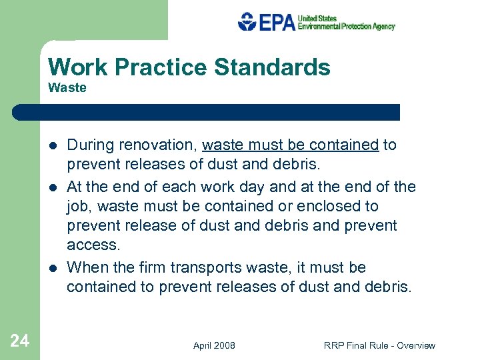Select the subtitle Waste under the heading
point(67,88)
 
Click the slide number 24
point(20,341)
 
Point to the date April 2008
point(214,345)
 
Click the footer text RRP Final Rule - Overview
point(379,345)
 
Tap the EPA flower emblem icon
point(247,22)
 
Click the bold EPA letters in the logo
point(276,23)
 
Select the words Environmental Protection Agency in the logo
point(346,27)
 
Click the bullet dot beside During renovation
point(53,145)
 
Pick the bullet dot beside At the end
point(53,187)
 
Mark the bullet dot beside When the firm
point(53,268)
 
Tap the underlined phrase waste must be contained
point(290,145)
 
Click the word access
point(94,245)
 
